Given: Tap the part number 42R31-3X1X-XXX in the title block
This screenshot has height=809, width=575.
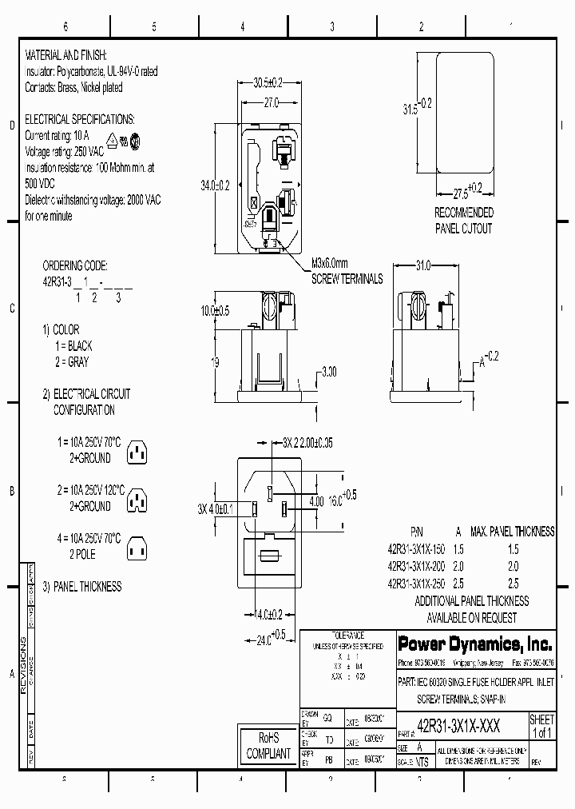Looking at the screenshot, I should pos(459,725).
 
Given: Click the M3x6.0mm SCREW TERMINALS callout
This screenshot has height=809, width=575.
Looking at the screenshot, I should pos(347,272).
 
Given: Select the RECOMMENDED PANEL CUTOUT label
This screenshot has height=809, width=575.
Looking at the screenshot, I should pos(463,221).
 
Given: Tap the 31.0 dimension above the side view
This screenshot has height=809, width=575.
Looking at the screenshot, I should pos(422,265).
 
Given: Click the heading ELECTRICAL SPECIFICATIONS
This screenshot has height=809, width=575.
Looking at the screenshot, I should pos(80,119).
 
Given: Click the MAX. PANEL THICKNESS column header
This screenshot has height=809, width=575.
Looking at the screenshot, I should pos(512,532).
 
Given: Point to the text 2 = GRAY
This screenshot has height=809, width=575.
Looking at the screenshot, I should pos(73,362).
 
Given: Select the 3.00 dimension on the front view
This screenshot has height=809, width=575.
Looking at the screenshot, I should pos(328,372).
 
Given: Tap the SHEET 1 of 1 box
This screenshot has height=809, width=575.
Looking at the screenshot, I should pos(541,727).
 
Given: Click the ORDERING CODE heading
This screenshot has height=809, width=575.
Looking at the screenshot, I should pos(74,265).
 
